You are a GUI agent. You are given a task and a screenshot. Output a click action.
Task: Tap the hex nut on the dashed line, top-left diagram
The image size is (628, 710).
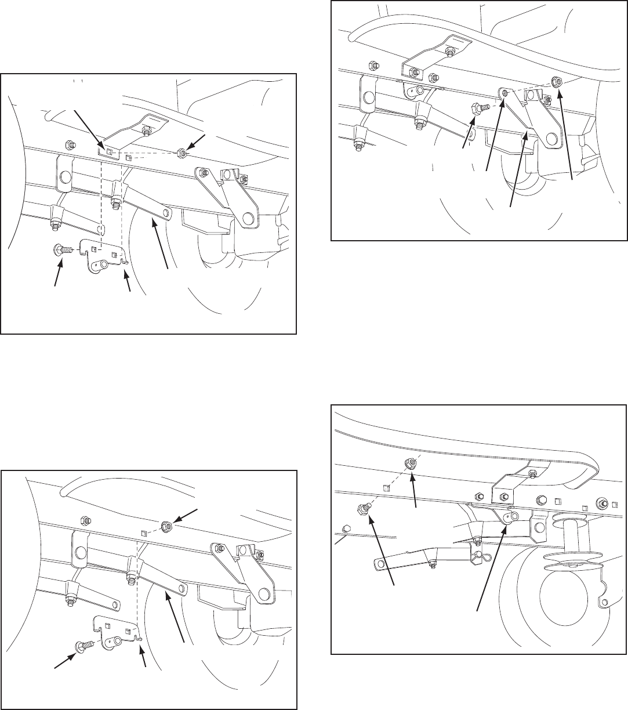click(x=181, y=154)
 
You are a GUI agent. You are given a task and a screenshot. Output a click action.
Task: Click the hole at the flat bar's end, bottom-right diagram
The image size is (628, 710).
click(x=382, y=562)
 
